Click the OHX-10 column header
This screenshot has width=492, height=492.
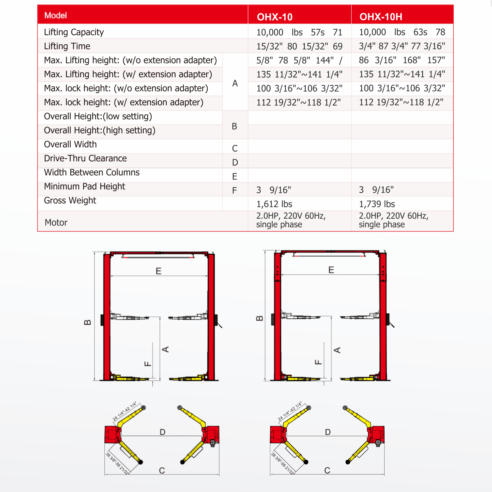point(275,17)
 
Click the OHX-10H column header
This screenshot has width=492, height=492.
point(381,17)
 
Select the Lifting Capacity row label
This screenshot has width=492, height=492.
point(74,32)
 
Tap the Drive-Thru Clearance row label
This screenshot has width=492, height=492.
point(85,158)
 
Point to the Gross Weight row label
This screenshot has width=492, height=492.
point(70,201)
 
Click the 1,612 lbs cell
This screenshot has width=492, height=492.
point(274,204)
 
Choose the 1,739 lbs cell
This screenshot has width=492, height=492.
point(377,204)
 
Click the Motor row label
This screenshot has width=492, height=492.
point(56,223)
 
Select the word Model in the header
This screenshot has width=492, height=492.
point(56,15)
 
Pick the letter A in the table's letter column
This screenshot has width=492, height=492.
point(235,83)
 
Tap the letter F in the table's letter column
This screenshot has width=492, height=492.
point(234,190)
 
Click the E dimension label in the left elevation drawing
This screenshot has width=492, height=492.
point(158,271)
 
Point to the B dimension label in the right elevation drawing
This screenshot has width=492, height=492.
point(259,318)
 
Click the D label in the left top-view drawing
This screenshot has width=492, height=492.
point(162,432)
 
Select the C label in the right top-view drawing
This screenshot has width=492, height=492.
point(327,470)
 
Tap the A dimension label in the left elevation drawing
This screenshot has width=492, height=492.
point(166,349)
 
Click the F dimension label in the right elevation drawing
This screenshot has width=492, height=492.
point(318,362)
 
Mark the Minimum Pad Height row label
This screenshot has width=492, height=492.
point(85,187)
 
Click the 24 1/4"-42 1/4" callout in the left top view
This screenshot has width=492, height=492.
point(124,412)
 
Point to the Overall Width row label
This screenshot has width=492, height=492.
point(70,144)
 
